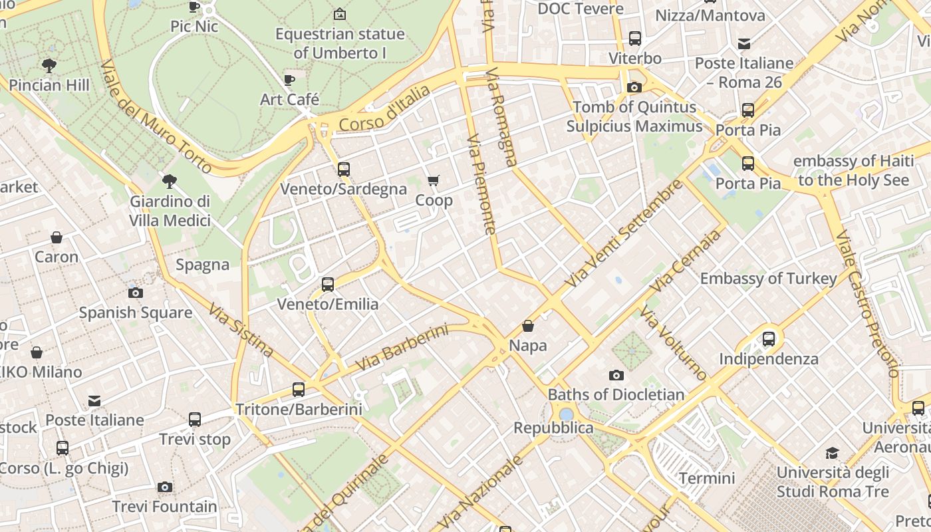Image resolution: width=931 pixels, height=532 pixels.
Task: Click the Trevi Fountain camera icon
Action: (165, 487)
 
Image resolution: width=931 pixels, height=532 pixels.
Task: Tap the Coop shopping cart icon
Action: (434, 181)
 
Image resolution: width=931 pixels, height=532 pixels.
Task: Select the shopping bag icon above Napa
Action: (528, 326)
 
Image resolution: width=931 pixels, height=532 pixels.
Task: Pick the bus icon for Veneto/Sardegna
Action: (344, 170)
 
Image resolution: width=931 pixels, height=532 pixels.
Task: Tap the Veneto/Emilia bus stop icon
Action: (328, 285)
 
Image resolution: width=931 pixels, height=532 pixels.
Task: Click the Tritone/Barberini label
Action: (299, 410)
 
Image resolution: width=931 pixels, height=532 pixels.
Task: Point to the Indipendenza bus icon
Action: (769, 339)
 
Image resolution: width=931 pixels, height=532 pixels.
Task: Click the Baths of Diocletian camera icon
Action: (616, 375)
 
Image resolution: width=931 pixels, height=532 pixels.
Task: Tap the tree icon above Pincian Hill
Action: (49, 65)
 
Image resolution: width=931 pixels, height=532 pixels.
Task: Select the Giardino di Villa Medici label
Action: (170, 211)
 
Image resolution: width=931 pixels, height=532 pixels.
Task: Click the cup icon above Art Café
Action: (289, 80)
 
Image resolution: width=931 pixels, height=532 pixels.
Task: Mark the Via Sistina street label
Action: (241, 330)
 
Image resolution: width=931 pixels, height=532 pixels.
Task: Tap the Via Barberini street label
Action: (402, 348)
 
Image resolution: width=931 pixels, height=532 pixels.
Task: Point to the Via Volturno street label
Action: (674, 343)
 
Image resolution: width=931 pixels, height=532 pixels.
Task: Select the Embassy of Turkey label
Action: (768, 279)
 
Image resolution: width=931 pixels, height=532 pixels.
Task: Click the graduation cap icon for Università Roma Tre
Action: (832, 454)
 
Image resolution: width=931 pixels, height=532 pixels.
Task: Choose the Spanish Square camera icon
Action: (136, 293)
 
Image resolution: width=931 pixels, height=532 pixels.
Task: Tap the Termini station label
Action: (707, 478)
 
